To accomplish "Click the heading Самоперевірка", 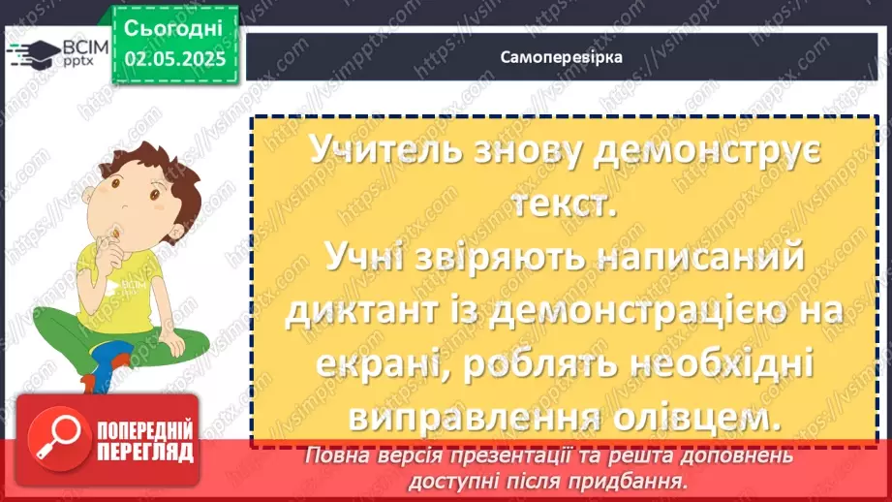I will [562, 56].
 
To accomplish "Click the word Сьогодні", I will [174, 27].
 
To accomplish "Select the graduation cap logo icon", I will [32, 53].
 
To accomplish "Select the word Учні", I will [357, 260].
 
